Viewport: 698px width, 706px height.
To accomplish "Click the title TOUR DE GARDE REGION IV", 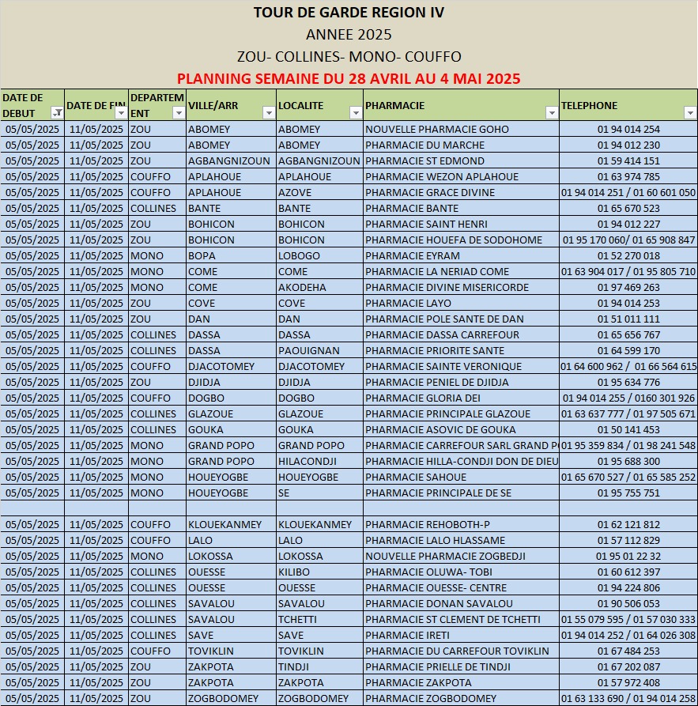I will pyautogui.click(x=349, y=13).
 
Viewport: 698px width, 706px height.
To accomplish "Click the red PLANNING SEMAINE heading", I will pyautogui.click(x=349, y=78).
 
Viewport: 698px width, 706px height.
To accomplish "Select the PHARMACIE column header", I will pyautogui.click(x=395, y=105).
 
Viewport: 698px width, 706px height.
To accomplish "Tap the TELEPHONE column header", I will pyautogui.click(x=589, y=105).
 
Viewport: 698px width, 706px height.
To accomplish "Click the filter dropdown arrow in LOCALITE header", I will pyautogui.click(x=355, y=113).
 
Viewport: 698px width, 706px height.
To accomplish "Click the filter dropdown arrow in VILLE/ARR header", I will pyautogui.click(x=268, y=113).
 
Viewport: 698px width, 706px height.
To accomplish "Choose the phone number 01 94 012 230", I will pyautogui.click(x=628, y=145).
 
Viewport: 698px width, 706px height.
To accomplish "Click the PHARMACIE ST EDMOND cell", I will pyautogui.click(x=425, y=160).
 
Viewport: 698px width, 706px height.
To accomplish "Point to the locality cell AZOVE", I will pyautogui.click(x=295, y=192).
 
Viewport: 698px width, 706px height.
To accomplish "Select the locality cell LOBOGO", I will pyautogui.click(x=299, y=255).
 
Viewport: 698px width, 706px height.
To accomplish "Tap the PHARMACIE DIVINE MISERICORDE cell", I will pyautogui.click(x=447, y=287).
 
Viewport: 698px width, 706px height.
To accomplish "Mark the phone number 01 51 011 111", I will pyautogui.click(x=628, y=319).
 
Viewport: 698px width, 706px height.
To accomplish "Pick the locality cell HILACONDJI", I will pyautogui.click(x=307, y=461).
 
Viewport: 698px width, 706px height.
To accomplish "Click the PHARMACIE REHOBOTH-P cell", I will pyautogui.click(x=428, y=524).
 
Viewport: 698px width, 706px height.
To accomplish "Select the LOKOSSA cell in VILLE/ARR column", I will pyautogui.click(x=210, y=556).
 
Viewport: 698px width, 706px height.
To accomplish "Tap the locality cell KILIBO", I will pyautogui.click(x=294, y=572).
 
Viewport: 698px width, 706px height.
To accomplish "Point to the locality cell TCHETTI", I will pyautogui.click(x=297, y=619).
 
